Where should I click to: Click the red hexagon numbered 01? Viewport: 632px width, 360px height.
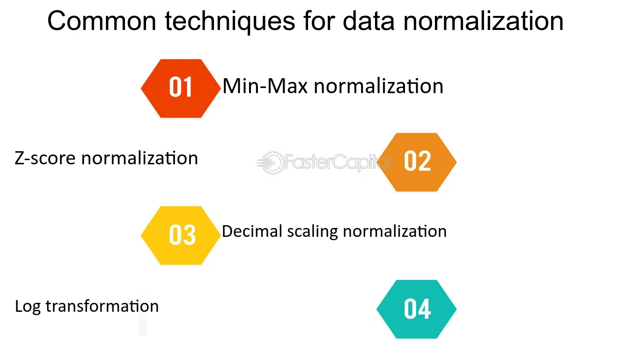tap(181, 88)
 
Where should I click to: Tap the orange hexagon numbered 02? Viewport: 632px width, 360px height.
tap(417, 162)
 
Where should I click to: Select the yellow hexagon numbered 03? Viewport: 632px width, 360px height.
tap(181, 235)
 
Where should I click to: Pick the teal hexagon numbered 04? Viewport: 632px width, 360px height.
tap(417, 309)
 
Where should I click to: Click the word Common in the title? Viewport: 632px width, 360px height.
tap(102, 21)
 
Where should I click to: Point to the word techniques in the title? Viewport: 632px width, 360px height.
tap(230, 22)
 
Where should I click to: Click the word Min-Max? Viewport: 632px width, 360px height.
tap(265, 86)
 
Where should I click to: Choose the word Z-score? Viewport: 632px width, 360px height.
tap(45, 158)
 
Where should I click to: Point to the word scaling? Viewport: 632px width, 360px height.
tap(313, 232)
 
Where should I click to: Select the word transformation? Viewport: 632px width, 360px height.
tap(102, 306)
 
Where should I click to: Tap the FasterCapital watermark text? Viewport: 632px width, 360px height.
tap(338, 162)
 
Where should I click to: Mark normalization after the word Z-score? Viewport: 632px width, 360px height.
tap(140, 158)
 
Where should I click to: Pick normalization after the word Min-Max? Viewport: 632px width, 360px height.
tap(379, 86)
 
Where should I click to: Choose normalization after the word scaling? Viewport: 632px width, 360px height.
tap(395, 231)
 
